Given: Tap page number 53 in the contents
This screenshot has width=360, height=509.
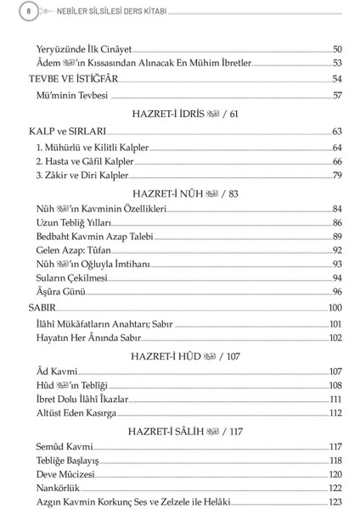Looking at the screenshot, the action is [336, 63].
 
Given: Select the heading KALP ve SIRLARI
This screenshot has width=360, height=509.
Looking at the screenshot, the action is [66, 131].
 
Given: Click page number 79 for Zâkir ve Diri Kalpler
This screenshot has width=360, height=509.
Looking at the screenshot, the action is [336, 175].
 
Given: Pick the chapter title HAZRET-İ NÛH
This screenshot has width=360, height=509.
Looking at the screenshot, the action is [186, 193].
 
